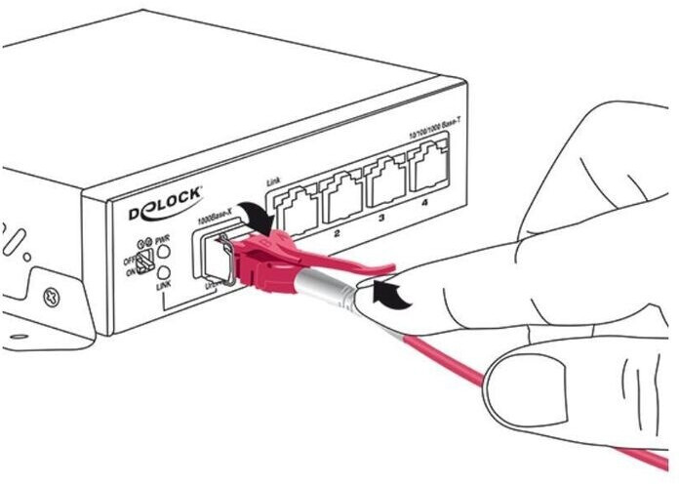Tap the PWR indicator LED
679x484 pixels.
(164, 252)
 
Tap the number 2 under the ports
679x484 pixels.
(336, 235)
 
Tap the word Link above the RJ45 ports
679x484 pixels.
(274, 181)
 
